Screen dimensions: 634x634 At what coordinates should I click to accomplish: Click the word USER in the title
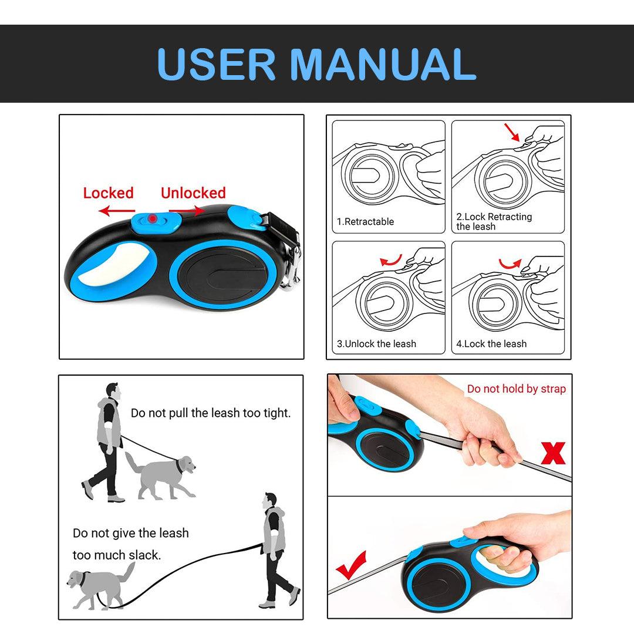pyautogui.click(x=216, y=65)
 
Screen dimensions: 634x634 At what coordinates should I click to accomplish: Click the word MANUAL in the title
pyautogui.click(x=383, y=65)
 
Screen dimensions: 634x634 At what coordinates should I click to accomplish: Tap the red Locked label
pyautogui.click(x=109, y=193)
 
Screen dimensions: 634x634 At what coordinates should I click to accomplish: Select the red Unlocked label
pyautogui.click(x=193, y=193)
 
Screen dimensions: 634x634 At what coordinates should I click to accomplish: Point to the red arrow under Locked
pyautogui.click(x=117, y=211)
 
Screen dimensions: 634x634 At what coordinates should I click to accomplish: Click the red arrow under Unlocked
pyautogui.click(x=187, y=211)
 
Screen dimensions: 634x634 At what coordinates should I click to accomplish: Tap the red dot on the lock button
pyautogui.click(x=153, y=219)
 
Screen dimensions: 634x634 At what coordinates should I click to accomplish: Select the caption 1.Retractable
pyautogui.click(x=366, y=221)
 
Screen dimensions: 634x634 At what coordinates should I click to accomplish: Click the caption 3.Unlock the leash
pyautogui.click(x=376, y=343)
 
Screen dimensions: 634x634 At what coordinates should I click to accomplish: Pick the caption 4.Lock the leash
pyautogui.click(x=491, y=343)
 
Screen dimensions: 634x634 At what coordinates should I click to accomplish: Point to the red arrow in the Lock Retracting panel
pyautogui.click(x=512, y=132)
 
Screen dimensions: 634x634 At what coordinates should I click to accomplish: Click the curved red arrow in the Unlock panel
pyautogui.click(x=392, y=261)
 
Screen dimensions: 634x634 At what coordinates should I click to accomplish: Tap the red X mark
pyautogui.click(x=553, y=453)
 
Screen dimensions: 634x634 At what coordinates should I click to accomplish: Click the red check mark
pyautogui.click(x=351, y=565)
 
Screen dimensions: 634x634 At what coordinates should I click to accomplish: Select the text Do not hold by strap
pyautogui.click(x=517, y=389)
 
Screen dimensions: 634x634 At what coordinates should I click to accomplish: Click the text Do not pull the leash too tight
pyautogui.click(x=211, y=413)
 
